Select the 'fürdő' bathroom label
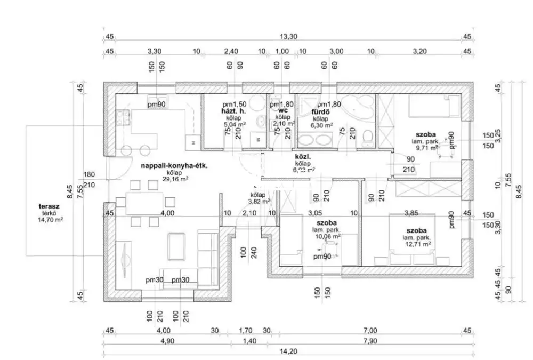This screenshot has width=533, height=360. pos(320,112)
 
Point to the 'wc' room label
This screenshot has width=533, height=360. pos(283,110)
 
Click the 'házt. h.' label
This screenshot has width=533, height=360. pos(233,111)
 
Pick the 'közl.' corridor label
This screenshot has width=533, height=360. pos(303,157)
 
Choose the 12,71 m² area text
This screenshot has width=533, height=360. pos(416,244)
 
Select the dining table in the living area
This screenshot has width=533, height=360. pos(145,202)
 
